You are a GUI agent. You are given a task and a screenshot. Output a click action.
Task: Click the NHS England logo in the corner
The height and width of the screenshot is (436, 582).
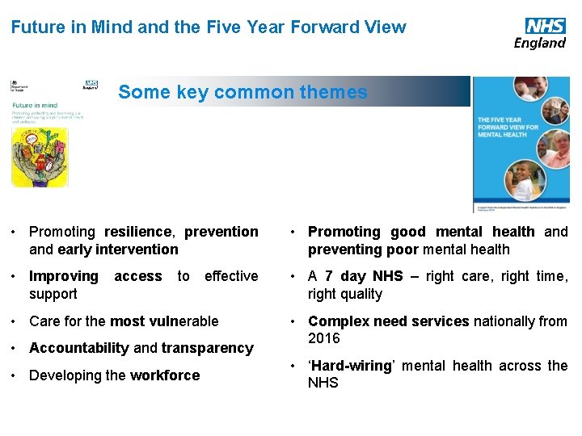point(540,33)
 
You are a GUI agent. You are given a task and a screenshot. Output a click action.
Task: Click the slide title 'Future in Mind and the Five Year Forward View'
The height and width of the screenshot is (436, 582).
point(209,27)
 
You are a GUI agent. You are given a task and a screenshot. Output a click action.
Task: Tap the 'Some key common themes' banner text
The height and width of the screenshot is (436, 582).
point(242,92)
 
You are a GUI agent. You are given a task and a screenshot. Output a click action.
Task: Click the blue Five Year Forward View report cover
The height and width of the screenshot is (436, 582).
point(521,145)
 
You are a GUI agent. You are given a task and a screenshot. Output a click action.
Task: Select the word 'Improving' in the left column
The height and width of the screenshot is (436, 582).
point(63,276)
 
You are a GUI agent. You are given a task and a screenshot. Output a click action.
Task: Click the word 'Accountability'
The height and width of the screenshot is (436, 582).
point(78,348)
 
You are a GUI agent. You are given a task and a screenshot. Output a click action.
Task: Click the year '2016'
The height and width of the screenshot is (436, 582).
point(324,338)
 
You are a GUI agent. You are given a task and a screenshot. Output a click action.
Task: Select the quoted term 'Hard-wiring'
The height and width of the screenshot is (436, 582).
point(351,366)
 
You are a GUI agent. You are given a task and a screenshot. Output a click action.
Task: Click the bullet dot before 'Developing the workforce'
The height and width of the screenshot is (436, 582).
point(16,375)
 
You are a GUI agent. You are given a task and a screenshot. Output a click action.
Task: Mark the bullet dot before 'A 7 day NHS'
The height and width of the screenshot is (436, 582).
point(295,276)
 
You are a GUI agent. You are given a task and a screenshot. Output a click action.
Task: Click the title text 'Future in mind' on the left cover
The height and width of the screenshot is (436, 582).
point(34,104)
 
